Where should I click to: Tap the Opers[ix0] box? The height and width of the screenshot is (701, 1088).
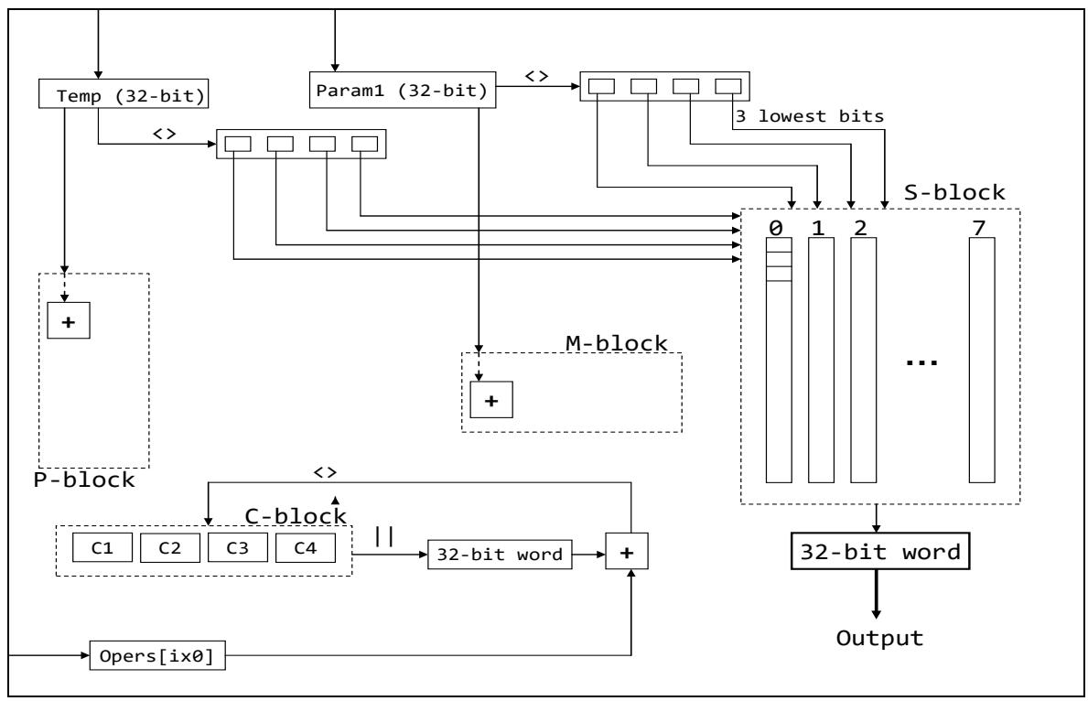156,655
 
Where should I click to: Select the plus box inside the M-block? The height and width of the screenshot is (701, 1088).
491,399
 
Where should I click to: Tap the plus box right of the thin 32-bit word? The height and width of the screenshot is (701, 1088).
628,554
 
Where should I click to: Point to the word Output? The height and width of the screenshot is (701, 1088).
879,637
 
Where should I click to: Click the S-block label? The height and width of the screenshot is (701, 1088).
954,193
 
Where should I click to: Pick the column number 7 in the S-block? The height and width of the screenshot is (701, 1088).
980,227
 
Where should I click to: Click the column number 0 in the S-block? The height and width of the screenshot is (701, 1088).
777,227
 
